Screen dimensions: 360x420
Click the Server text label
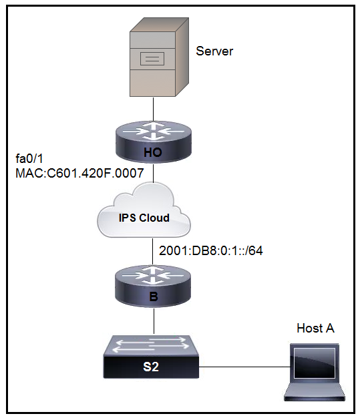click(214, 51)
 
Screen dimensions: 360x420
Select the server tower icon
click(159, 57)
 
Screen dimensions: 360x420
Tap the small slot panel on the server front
click(152, 59)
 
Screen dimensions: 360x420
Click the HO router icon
click(154, 142)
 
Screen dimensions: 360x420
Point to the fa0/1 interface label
click(29, 159)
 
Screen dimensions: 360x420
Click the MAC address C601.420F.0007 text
click(79, 173)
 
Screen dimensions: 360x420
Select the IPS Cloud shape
click(144, 210)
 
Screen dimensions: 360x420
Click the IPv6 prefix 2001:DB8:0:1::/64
click(211, 250)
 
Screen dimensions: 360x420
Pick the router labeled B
click(153, 286)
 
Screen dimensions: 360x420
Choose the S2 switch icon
click(151, 357)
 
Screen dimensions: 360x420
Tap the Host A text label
click(315, 328)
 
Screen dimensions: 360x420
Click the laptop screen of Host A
click(315, 363)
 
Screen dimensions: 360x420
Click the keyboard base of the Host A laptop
click(315, 393)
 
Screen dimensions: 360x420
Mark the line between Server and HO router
click(153, 109)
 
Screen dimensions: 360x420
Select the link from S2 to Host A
click(244, 367)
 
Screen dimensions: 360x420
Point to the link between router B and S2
click(154, 321)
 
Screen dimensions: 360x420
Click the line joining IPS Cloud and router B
click(153, 252)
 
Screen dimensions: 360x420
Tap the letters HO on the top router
click(153, 152)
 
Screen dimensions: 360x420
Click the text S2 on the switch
click(151, 367)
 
